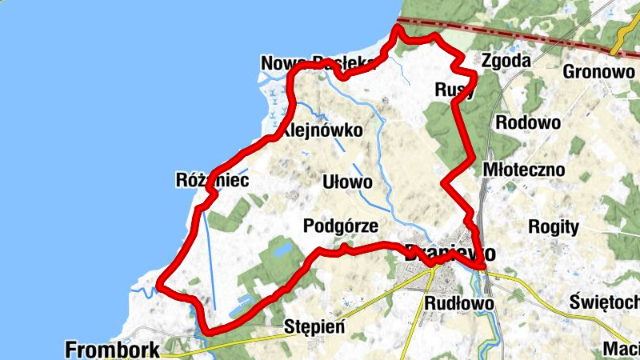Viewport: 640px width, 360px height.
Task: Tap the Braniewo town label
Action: (450, 252)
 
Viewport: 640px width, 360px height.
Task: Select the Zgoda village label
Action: (506, 61)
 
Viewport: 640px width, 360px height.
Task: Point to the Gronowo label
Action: (598, 71)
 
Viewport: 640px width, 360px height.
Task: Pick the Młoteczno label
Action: (524, 170)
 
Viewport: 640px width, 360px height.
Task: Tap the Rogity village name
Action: (554, 226)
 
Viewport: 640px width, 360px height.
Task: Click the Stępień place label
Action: (314, 326)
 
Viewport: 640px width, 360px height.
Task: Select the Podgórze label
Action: (341, 226)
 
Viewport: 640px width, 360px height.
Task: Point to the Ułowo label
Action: (347, 182)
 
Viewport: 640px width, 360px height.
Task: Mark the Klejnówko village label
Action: (323, 130)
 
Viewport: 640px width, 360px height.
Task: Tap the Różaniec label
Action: (212, 180)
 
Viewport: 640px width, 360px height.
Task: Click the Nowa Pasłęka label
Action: (318, 62)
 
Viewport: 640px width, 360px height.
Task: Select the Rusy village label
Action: (454, 89)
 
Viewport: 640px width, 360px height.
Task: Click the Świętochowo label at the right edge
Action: (605, 302)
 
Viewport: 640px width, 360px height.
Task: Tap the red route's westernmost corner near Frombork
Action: (159, 284)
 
